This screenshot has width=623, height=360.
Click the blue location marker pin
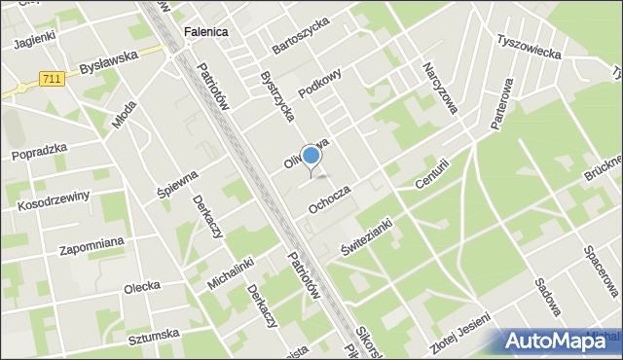click(x=311, y=157)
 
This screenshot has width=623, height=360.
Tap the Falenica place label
click(x=204, y=32)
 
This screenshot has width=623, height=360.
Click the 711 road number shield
click(x=53, y=78)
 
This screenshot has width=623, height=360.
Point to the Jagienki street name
click(x=34, y=43)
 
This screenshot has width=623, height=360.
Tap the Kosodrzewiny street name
click(x=54, y=200)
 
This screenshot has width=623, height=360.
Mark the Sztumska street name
click(x=153, y=335)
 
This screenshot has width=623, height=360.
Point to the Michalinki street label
click(x=231, y=274)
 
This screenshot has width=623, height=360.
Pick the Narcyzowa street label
click(x=440, y=89)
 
